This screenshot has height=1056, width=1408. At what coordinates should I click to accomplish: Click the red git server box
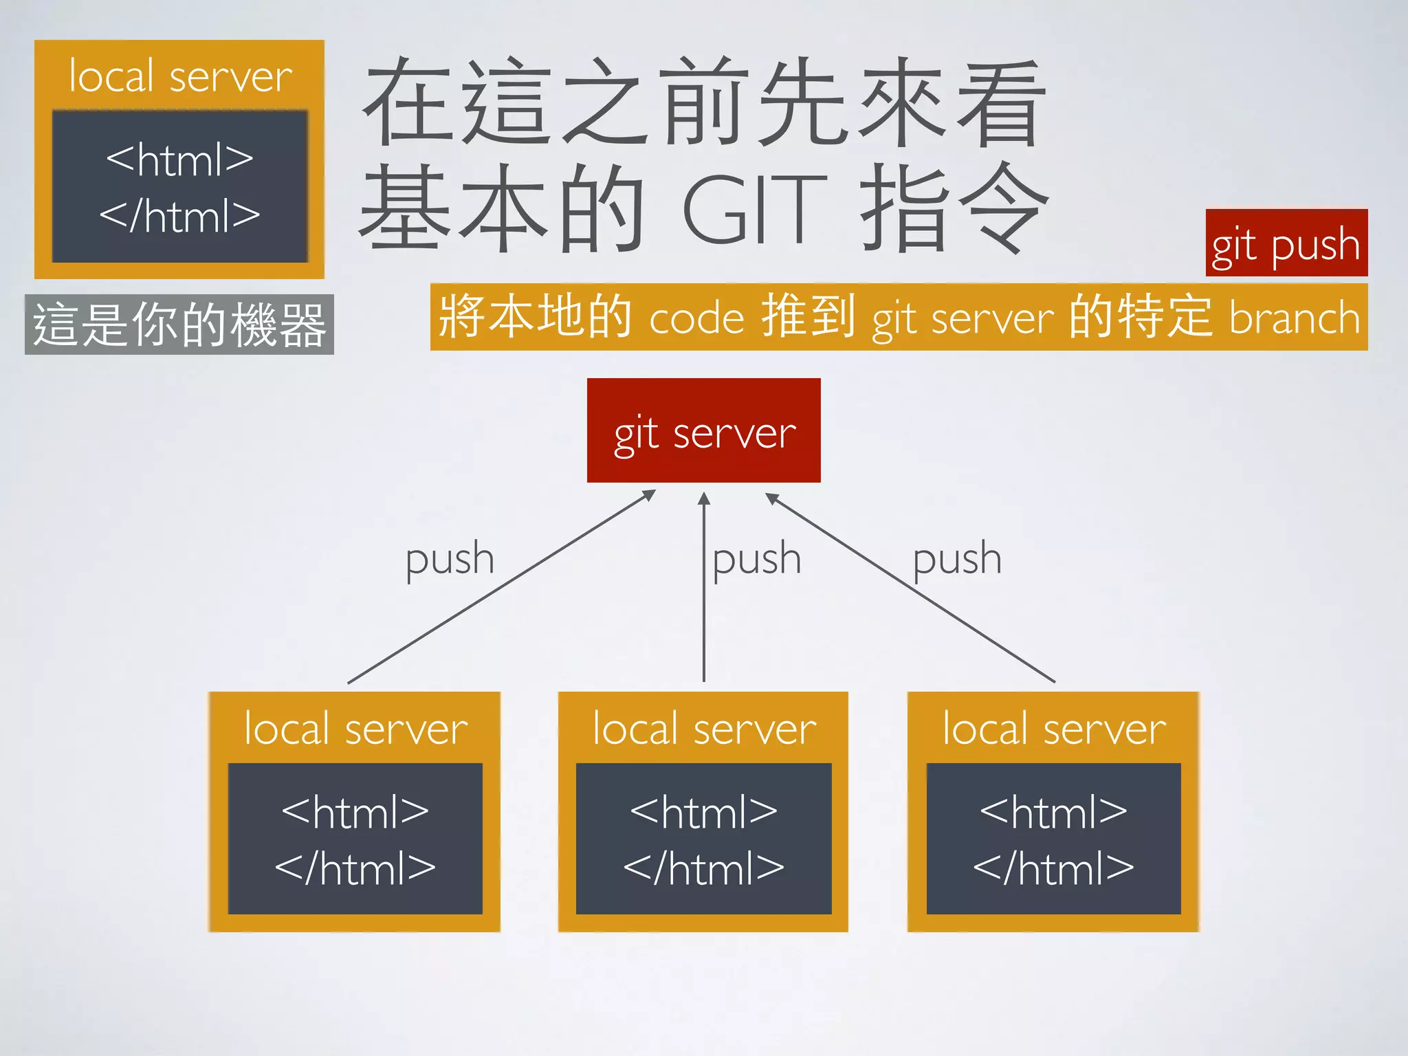click(x=703, y=430)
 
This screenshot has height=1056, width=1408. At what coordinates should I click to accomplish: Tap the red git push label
click(x=1286, y=243)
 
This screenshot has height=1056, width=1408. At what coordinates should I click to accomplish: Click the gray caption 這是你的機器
click(x=179, y=324)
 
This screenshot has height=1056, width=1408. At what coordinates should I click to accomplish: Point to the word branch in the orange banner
click(x=1294, y=318)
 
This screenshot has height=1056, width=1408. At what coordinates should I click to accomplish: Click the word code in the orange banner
click(x=696, y=319)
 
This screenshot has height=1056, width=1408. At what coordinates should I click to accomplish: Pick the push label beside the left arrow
click(x=450, y=559)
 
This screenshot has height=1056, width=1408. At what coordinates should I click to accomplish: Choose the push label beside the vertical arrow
click(x=756, y=559)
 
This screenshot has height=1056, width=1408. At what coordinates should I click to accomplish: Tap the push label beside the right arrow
click(x=956, y=559)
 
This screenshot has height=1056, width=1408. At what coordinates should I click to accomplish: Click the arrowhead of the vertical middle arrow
click(x=703, y=498)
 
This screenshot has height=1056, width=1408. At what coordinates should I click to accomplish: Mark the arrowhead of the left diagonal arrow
click(x=649, y=494)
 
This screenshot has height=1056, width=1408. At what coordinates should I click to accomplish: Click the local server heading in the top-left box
click(x=180, y=76)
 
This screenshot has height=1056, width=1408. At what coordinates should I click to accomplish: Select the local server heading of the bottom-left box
click(x=355, y=729)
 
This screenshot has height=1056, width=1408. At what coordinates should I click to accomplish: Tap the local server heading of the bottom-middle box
click(x=704, y=729)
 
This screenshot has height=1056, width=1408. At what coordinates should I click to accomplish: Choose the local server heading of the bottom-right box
click(x=1054, y=729)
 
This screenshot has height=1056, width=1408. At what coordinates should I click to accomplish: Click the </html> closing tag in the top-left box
click(x=179, y=216)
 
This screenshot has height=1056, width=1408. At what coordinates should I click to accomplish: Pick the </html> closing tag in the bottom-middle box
click(x=703, y=868)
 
